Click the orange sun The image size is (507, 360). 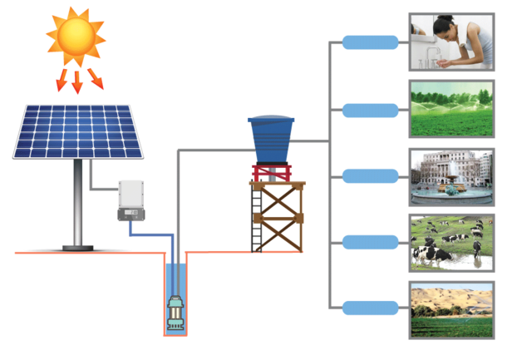[x=76, y=35]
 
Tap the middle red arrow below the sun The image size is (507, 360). [x=77, y=81]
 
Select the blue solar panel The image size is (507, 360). [x=77, y=131]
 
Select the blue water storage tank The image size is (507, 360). [x=271, y=138]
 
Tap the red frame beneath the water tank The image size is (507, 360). [x=272, y=172]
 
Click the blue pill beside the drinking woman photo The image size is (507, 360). [x=370, y=42]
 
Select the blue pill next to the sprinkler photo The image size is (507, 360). [x=370, y=110]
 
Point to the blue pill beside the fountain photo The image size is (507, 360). [x=370, y=175]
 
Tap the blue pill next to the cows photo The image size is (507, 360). [x=370, y=242]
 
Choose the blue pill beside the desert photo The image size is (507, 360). [x=370, y=308]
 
